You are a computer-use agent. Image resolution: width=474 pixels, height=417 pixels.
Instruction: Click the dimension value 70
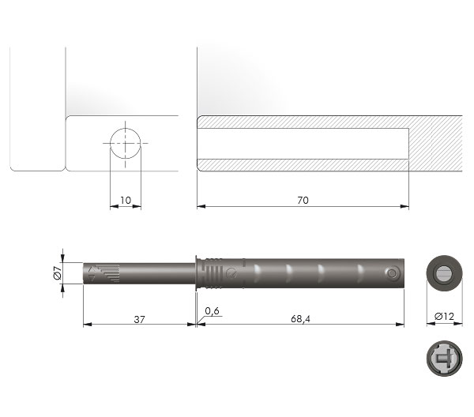302,201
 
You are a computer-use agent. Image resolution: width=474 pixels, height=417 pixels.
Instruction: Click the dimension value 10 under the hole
126,201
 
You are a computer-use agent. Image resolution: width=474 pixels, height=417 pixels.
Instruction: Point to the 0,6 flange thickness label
212,311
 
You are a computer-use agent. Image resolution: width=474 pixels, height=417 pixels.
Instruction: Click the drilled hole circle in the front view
126,144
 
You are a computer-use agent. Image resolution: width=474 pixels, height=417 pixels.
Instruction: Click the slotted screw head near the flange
231,272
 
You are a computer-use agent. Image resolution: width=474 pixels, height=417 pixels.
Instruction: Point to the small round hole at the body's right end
392,272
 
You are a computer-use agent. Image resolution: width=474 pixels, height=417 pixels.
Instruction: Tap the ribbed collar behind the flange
211,273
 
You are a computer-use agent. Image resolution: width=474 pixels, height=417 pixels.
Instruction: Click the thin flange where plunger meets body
196,273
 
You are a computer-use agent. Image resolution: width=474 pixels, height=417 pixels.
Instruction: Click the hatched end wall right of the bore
434,144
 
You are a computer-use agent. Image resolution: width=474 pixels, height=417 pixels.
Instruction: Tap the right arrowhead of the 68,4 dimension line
404,323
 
